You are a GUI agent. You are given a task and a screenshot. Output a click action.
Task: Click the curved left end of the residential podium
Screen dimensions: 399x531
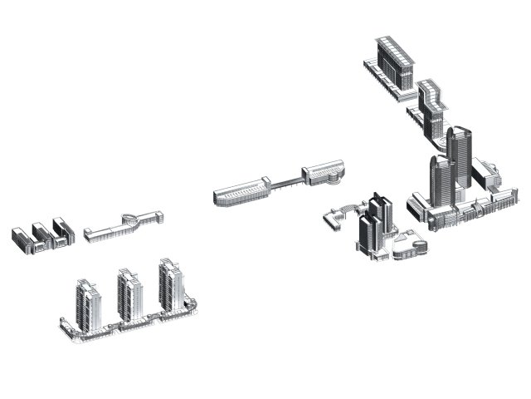[x=66, y=328]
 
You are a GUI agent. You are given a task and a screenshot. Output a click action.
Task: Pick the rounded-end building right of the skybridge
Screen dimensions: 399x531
[x=324, y=172]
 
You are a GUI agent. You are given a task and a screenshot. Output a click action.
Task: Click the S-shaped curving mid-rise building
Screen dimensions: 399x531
[x=432, y=106]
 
